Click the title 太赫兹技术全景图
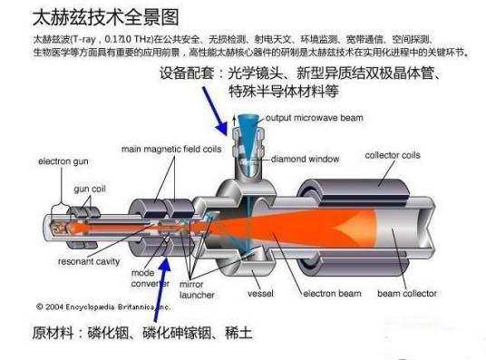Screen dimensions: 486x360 pyautogui.click(x=106, y=17)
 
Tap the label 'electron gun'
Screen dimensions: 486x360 pyautogui.click(x=63, y=161)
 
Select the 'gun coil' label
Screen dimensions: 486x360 pyautogui.click(x=90, y=189)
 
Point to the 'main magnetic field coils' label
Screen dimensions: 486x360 pyautogui.click(x=171, y=149)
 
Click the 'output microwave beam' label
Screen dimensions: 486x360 pyautogui.click(x=315, y=118)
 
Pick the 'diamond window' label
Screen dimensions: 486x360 pyautogui.click(x=305, y=159)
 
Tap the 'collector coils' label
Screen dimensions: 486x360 pyautogui.click(x=393, y=155)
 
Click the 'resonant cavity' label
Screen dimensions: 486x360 pyautogui.click(x=89, y=261)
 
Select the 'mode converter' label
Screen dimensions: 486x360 pyautogui.click(x=150, y=278)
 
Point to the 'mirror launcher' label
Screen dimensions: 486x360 pyautogui.click(x=197, y=289)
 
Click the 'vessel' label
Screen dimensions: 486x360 pyautogui.click(x=260, y=293)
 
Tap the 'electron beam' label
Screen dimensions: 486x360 pyautogui.click(x=332, y=293)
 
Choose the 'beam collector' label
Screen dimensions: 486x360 pyautogui.click(x=407, y=293)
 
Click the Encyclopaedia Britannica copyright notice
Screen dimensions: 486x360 pyautogui.click(x=103, y=307)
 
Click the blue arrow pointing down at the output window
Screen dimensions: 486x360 pyautogui.click(x=216, y=111)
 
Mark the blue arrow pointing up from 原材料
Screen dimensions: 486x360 pyautogui.click(x=162, y=289)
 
